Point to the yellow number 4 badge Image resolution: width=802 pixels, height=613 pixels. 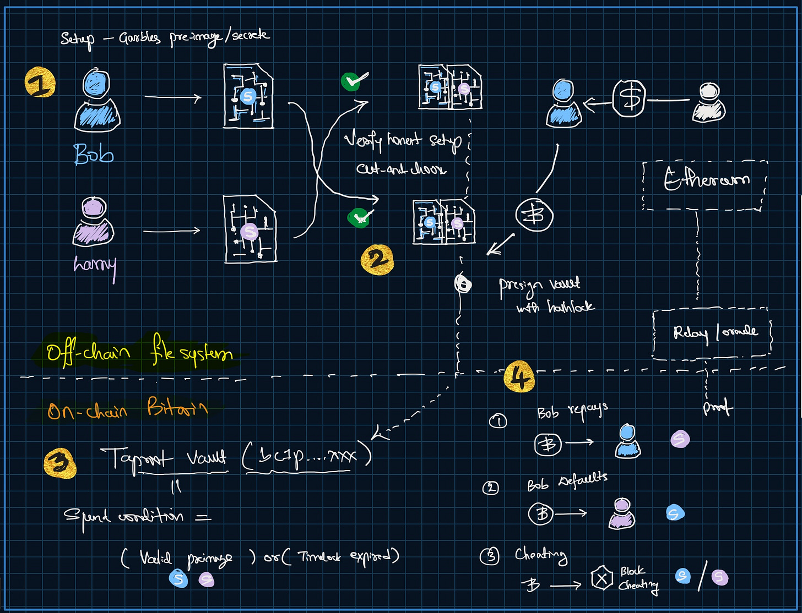coord(519,377)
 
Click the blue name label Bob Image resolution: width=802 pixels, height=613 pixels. coord(94,154)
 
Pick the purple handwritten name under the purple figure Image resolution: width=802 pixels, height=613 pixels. coord(95,266)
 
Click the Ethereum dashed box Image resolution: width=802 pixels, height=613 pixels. coord(705,185)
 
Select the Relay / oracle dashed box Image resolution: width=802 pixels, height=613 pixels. coord(712,333)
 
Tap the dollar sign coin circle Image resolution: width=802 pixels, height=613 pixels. coord(630,100)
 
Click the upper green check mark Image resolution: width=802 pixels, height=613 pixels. coord(354,81)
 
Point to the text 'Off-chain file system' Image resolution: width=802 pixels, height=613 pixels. coord(139,351)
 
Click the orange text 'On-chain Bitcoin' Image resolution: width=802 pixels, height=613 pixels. coord(128,409)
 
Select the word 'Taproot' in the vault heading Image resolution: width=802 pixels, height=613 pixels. coord(136,457)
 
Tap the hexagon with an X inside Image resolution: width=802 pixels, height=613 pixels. coord(601,578)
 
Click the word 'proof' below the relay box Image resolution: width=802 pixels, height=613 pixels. coord(718,408)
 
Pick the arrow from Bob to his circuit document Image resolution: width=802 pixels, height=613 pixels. coord(172,98)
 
